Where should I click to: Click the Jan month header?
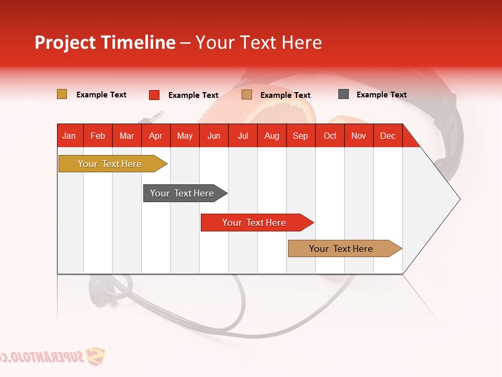(x=69, y=136)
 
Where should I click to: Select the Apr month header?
(x=155, y=136)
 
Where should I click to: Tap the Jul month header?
(x=243, y=136)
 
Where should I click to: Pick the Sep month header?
(x=300, y=136)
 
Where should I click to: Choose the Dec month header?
(x=387, y=136)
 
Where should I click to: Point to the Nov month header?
(x=358, y=136)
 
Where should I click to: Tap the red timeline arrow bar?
(x=255, y=223)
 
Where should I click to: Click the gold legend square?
(x=62, y=94)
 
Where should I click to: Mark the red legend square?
(x=154, y=95)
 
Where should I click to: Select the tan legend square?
(x=246, y=95)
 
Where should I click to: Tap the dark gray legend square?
(x=343, y=94)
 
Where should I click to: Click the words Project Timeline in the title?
(x=105, y=42)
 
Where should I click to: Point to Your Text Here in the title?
(x=259, y=42)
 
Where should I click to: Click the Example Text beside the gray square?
(x=381, y=95)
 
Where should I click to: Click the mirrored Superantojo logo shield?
(x=95, y=357)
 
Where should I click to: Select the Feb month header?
(x=97, y=136)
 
